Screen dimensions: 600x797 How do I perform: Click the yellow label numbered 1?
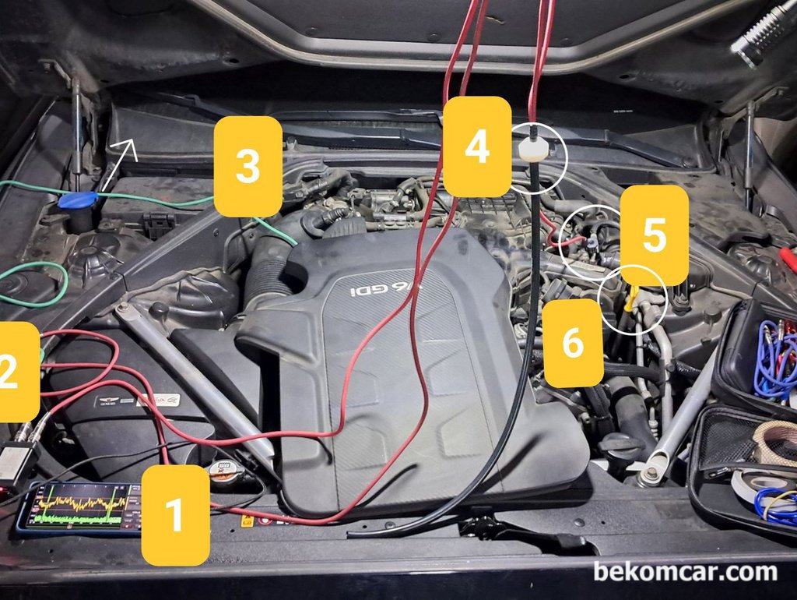pos(176,514)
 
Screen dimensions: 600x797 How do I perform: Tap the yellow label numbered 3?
pos(248,166)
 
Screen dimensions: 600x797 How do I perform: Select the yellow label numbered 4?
pos(477,146)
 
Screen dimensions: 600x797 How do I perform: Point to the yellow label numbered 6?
pos(573,343)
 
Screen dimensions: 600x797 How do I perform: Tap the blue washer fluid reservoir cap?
pos(77,200)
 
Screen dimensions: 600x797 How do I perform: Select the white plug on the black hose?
pos(533,149)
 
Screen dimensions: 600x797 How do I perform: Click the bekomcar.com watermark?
pos(685,572)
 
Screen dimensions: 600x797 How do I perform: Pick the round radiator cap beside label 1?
pos(226,472)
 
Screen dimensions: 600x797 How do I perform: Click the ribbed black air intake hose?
pos(269,257)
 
